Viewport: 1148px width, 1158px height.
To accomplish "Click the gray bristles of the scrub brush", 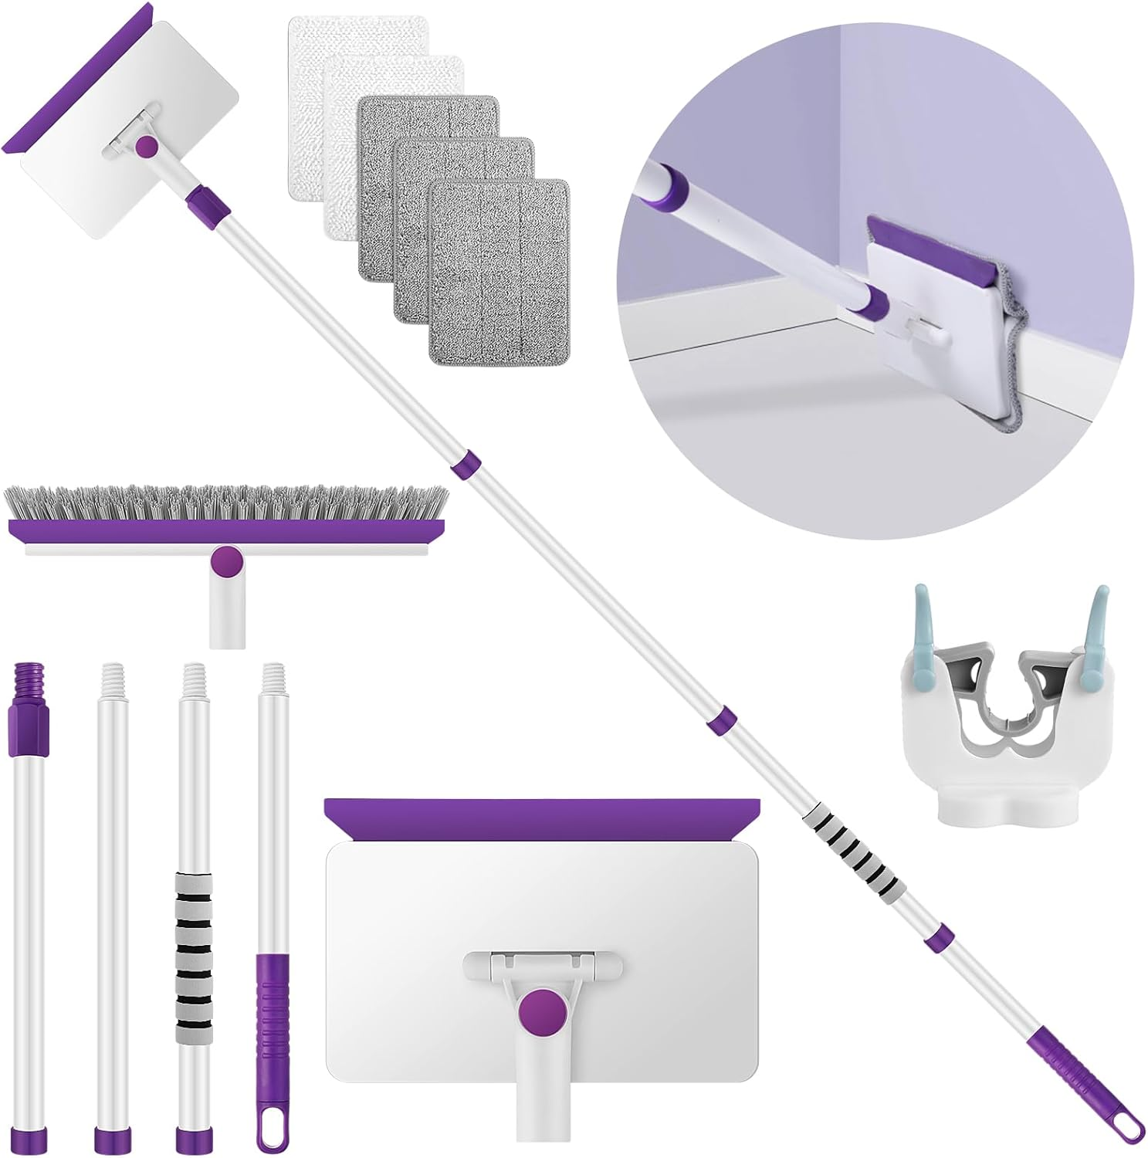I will tap(224, 503).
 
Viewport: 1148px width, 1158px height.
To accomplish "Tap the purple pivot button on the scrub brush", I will tap(225, 560).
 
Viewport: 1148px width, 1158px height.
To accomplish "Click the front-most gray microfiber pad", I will tap(499, 274).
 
